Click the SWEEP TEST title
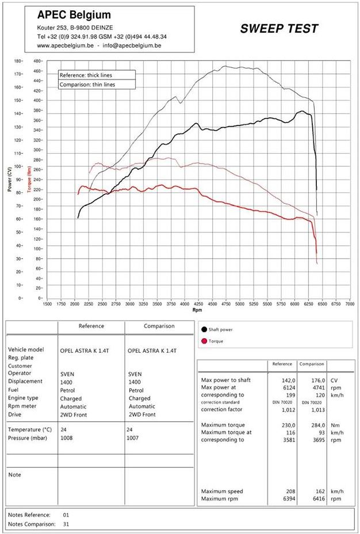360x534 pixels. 279,29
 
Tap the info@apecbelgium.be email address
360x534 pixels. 132,45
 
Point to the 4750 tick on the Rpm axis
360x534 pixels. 225,304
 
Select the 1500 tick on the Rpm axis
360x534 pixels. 48,304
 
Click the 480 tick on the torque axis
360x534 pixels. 37,60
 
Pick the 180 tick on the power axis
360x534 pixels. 18,60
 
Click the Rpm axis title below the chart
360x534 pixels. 197,310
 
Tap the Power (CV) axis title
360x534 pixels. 9,179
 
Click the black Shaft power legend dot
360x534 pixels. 204,330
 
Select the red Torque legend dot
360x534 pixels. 204,341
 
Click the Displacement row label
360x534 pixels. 25,381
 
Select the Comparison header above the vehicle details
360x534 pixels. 159,326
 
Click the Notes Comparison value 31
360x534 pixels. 66,524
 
